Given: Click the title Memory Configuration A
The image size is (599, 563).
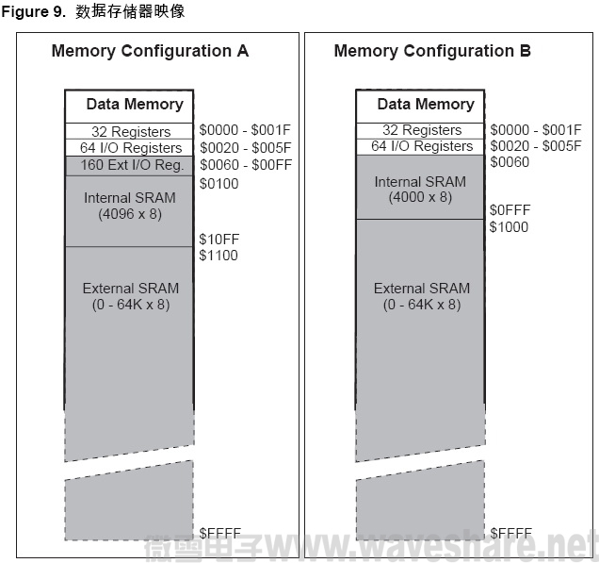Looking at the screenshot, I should click(x=150, y=51).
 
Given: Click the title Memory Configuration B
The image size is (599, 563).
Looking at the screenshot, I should click(x=432, y=51).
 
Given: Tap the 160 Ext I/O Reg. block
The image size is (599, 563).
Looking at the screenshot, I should click(x=129, y=165).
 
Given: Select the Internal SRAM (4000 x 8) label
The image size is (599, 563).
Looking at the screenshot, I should click(x=420, y=190).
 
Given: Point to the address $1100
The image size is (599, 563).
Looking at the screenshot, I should click(x=219, y=256).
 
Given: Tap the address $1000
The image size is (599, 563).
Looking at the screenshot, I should click(x=509, y=227).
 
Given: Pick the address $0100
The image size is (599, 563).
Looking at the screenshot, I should click(x=219, y=183).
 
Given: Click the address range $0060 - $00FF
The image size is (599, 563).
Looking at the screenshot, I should click(x=246, y=165).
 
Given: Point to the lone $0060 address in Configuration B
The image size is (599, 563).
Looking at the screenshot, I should click(x=509, y=162).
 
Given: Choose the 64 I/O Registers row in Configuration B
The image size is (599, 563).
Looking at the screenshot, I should click(x=421, y=146).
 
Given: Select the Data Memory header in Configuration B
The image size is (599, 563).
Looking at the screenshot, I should click(x=426, y=104).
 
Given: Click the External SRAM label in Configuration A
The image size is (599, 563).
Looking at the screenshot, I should click(x=130, y=296).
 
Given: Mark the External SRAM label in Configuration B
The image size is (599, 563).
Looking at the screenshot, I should click(x=421, y=296).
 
